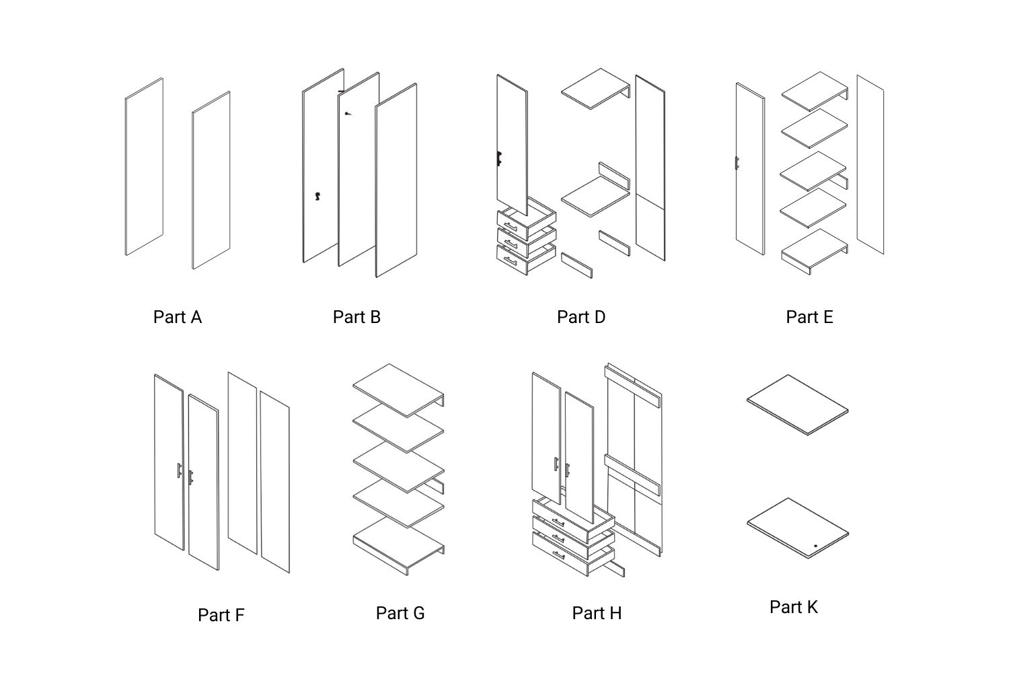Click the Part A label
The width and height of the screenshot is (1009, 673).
177,317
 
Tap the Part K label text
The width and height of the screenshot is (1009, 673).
793,607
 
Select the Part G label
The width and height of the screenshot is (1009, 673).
400,613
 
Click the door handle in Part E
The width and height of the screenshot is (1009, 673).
737,163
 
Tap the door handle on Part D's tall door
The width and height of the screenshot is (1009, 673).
499,159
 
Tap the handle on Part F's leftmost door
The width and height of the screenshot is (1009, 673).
179,470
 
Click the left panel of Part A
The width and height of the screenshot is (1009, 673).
144,167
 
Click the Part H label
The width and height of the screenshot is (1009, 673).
596,613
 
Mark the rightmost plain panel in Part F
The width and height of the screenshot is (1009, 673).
274,481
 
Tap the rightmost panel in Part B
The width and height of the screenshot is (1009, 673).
396,180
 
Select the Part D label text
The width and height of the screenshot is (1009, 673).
581,317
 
